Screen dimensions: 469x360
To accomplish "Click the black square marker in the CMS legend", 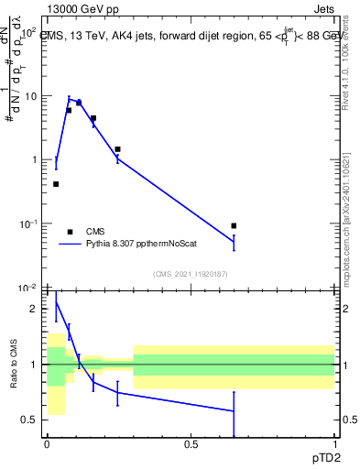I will click(x=69, y=232).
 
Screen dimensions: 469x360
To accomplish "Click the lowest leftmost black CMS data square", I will click(x=56, y=184).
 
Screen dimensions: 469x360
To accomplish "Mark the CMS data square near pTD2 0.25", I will click(x=117, y=148).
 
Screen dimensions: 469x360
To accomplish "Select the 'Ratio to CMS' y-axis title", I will click(x=13, y=365).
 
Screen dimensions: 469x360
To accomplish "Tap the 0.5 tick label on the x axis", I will click(x=191, y=444).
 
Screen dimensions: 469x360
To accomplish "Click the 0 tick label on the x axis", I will click(x=47, y=444).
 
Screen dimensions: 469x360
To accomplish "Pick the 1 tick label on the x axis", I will click(x=334, y=444).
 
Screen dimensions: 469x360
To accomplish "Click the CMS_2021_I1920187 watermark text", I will click(x=190, y=275).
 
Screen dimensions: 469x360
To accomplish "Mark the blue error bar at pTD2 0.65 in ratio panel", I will click(x=234, y=412).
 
